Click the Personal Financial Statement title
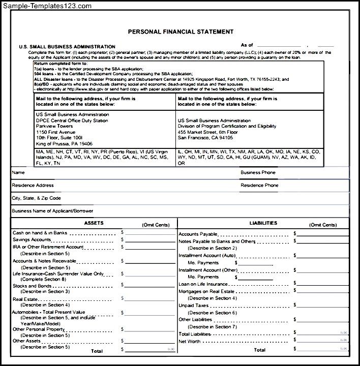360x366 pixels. pos(181,32)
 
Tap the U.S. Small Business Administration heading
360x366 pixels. pos(67,46)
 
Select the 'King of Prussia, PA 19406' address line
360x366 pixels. pos(64,143)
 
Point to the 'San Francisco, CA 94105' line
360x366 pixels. pos(205,137)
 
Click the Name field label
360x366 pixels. pos(18,173)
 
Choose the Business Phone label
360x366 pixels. pos(258,173)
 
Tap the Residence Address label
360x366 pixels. pos(33,186)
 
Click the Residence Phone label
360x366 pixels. pos(259,186)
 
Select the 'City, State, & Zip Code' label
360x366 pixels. pos(36,198)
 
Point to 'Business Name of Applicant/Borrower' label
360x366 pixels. pos(52,210)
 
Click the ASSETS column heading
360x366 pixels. pos(94,223)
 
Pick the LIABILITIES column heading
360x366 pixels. pos(263,223)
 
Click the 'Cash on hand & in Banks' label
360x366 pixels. pos(40,233)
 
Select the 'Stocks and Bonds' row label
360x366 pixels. pos(32,286)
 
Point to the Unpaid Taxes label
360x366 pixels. pos(193,306)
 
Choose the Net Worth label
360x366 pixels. pos(190,342)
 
